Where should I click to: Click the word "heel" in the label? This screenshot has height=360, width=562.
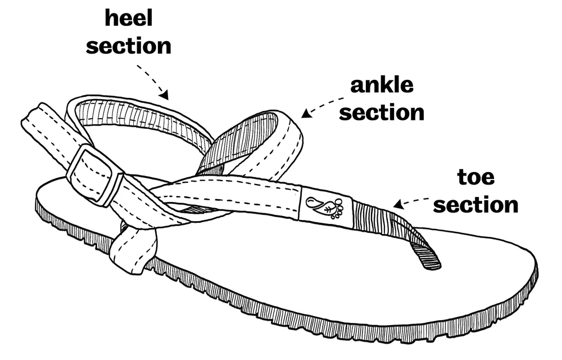(x=128, y=19)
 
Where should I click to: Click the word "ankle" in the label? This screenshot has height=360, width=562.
(x=382, y=85)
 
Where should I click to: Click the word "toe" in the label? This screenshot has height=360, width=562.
(x=475, y=178)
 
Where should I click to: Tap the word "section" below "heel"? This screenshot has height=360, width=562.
(x=128, y=46)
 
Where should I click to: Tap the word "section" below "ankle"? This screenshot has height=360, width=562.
(x=382, y=112)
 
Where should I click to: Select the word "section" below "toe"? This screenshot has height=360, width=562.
(x=475, y=205)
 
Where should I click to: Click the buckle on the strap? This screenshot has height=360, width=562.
(x=94, y=174)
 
